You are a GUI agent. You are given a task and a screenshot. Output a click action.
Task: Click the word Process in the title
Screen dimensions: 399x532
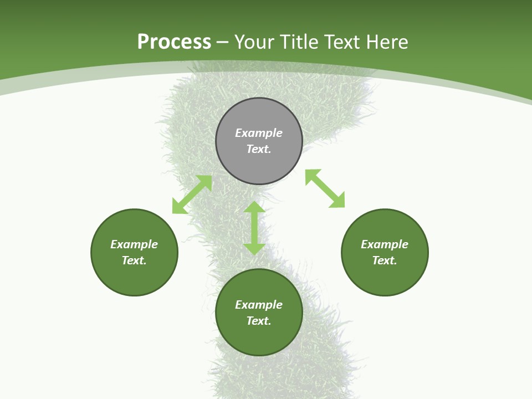[x=174, y=42]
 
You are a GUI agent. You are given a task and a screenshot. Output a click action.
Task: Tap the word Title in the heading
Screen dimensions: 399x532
[x=300, y=42]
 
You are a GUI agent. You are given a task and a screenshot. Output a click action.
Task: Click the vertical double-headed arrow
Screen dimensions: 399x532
[x=254, y=228]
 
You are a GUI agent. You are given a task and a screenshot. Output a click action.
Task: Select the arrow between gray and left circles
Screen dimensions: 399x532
[x=192, y=195]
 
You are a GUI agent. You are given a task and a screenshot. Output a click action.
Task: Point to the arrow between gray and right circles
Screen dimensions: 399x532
[x=325, y=188]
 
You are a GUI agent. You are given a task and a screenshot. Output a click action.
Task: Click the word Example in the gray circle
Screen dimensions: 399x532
[x=259, y=133]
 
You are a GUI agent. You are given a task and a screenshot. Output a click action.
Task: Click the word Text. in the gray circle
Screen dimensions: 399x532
[x=259, y=149]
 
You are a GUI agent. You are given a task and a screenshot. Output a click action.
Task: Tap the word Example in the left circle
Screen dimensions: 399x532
[x=134, y=244]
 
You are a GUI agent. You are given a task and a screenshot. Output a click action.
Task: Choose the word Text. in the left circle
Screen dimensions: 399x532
[x=134, y=260]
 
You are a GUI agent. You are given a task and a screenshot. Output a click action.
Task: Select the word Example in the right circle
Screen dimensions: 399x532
[x=385, y=244]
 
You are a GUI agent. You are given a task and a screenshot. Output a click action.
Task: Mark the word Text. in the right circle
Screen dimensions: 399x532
[x=385, y=260]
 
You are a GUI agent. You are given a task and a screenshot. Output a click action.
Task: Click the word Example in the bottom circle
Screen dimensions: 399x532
[x=259, y=305]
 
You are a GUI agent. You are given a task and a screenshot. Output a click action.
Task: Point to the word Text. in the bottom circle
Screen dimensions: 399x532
[x=259, y=321]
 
